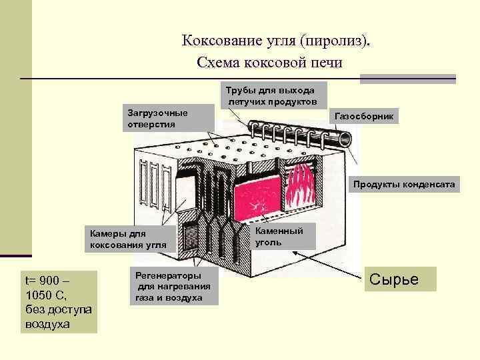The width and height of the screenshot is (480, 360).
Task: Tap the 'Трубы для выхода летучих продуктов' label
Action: pos(274,95)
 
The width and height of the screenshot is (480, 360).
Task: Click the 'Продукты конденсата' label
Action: pos(404,184)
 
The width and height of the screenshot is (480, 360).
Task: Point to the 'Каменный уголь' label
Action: pos(279,237)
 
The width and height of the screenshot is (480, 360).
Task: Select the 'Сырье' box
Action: pos(399,279)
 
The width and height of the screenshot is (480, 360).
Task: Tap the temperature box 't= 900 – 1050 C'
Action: pos(60,301)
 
